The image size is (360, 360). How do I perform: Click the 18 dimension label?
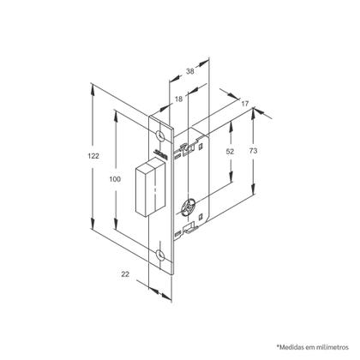coord(177,100)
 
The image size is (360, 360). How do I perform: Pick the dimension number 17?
coord(245,104)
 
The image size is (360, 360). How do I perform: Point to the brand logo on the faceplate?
coord(159,154)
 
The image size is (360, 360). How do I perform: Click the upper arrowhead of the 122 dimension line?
coord(92,86)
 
